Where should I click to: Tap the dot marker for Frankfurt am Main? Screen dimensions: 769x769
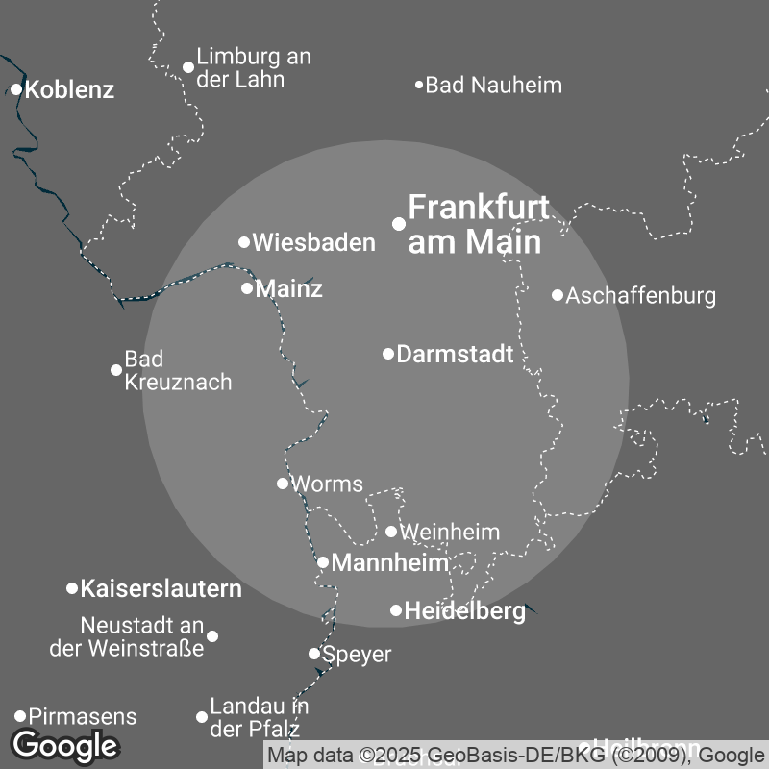[399, 223]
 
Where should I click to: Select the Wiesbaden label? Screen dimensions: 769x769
[313, 243]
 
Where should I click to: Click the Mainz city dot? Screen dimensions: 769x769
[247, 288]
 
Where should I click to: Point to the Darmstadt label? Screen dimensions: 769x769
[455, 354]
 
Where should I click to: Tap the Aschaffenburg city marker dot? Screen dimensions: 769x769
[558, 295]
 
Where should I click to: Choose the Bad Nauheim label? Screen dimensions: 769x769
[493, 86]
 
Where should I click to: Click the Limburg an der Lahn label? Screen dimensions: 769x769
[253, 67]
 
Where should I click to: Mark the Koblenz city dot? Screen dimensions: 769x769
[16, 89]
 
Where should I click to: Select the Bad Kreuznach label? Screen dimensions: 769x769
[178, 370]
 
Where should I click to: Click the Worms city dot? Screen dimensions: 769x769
[283, 484]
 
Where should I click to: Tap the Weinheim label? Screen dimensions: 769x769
[449, 532]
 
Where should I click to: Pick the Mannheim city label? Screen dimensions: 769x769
[389, 563]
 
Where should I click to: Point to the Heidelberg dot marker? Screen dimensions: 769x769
[396, 610]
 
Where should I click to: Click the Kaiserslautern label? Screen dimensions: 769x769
[161, 588]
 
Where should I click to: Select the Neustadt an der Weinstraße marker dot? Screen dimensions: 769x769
[212, 636]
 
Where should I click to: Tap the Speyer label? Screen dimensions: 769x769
[357, 655]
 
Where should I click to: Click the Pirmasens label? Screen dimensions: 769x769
[83, 716]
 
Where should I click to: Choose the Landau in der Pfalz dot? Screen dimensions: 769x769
[202, 717]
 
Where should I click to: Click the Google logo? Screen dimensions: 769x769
[64, 745]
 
